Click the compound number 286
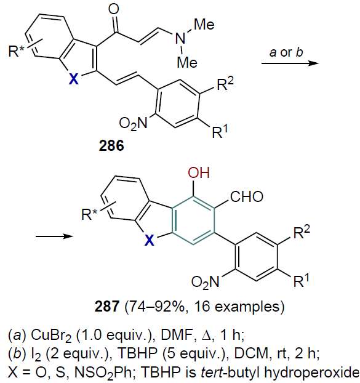111,146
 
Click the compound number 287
107,306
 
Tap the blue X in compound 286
74,79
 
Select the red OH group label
199,172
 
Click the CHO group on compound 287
247,196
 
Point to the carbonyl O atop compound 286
114,9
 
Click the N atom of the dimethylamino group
180,39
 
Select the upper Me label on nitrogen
204,25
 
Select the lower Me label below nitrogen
187,62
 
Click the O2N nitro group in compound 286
134,123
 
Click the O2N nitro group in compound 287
206,281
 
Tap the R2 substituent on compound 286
225,84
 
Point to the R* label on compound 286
17,50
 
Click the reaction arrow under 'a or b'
290,63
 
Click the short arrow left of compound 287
54,236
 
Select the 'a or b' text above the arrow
286,52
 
